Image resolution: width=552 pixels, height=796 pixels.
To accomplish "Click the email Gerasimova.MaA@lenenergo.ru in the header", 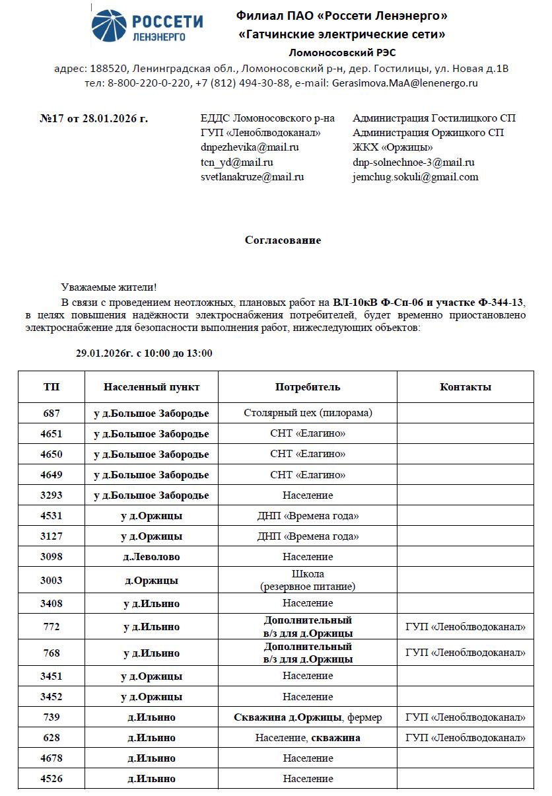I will (405, 83).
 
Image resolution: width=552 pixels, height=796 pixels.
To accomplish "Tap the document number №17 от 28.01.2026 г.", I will (94, 119).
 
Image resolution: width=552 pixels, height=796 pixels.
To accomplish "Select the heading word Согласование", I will (283, 240).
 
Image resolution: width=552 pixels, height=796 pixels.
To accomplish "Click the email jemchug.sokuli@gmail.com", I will (415, 177).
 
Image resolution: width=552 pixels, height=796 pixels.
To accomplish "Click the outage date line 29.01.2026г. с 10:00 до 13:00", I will (144, 353).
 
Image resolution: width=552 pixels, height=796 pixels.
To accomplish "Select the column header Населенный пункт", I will (151, 387).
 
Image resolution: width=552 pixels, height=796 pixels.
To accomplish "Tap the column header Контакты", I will (465, 387).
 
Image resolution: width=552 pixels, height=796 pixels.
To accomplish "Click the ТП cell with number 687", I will (52, 414).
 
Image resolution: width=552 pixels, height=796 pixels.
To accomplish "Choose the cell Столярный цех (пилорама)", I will (308, 414).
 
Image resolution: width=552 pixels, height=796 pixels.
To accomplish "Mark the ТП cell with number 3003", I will (52, 581).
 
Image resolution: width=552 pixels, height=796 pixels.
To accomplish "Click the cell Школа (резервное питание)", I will (308, 581).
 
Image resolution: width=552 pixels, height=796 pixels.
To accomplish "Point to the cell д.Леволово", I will (151, 557).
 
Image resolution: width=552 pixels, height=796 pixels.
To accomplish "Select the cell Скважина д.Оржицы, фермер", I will (308, 717).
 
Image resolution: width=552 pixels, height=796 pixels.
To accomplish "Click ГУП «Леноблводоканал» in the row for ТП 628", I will (465, 738).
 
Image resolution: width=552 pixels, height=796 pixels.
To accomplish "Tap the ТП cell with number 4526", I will (52, 779).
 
